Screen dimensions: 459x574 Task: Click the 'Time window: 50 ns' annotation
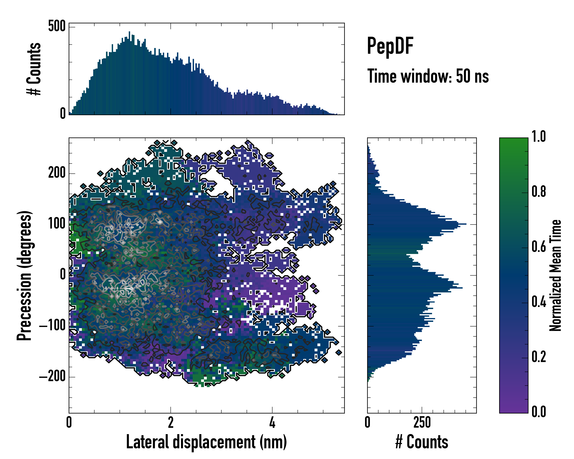428,76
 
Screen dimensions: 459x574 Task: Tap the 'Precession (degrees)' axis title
24,275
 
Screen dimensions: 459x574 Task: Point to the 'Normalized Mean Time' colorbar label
555,275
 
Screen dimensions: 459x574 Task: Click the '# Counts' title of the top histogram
34,69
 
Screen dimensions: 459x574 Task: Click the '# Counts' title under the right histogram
422,442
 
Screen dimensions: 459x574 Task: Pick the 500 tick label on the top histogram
57,26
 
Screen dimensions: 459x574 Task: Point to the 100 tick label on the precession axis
57,224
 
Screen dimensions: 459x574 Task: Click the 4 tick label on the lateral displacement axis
272,422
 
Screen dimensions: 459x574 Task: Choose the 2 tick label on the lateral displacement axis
171,422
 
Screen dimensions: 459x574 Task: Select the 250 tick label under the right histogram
422,422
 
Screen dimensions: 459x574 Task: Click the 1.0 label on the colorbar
539,137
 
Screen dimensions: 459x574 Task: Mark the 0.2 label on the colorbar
539,357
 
